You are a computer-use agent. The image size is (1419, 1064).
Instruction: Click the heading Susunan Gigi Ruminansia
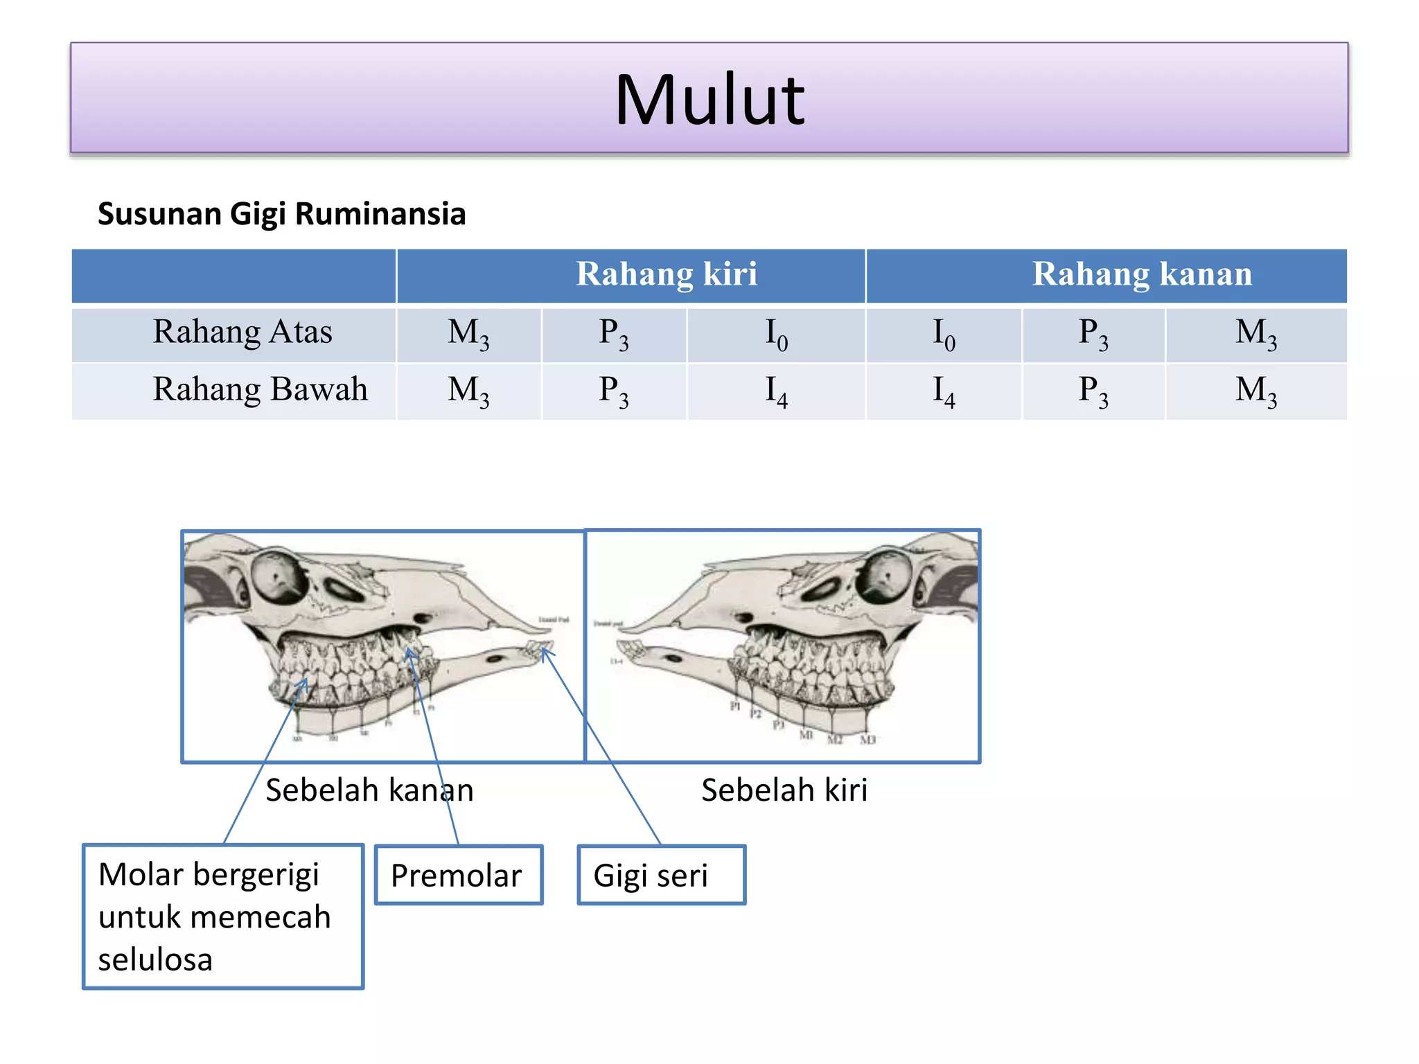[281, 213]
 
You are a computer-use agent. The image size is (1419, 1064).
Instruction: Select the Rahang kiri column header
[667, 274]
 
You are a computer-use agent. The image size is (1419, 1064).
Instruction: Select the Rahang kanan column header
[1142, 274]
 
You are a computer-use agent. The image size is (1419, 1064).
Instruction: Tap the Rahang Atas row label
[243, 332]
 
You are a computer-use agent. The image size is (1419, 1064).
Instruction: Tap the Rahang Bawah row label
[260, 389]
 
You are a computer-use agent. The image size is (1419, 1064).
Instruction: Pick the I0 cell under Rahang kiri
[776, 334]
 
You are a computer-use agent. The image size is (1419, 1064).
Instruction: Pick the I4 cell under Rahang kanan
[944, 391]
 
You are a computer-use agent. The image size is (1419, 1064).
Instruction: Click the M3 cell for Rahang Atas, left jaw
[468, 334]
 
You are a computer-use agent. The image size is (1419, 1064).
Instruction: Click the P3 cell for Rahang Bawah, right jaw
[1093, 391]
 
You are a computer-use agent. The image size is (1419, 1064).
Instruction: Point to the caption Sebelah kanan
[369, 790]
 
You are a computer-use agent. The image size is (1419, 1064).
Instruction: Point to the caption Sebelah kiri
[784, 790]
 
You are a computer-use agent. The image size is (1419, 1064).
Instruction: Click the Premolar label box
[458, 875]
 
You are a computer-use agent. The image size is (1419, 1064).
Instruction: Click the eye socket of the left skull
[279, 577]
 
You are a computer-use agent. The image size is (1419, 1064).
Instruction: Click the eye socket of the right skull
[884, 574]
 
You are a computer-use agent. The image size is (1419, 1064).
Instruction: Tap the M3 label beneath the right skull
[867, 740]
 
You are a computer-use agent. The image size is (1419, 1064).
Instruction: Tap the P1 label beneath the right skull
[736, 706]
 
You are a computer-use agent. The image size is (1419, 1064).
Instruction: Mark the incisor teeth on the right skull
[629, 649]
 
